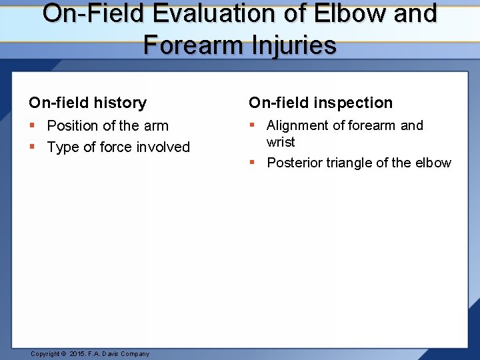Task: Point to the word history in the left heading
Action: (121, 103)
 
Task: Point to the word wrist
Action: (281, 142)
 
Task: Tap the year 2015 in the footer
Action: (77, 354)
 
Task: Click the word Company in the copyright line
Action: (134, 354)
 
